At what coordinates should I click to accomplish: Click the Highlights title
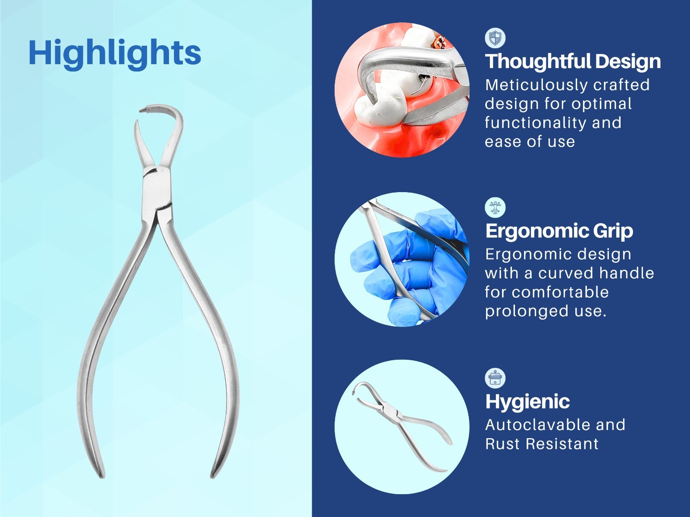tap(115, 53)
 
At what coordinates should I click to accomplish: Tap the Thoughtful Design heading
tap(573, 61)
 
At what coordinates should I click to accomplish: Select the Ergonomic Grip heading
tap(559, 231)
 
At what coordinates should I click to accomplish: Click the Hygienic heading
tap(527, 402)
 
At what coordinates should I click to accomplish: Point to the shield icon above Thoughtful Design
tap(495, 38)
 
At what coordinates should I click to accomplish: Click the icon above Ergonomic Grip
tap(495, 208)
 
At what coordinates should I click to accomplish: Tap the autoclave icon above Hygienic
tap(495, 378)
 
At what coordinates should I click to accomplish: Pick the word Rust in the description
tap(502, 444)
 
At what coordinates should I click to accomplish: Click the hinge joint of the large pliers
tap(156, 190)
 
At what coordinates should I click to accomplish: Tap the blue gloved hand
tap(401, 267)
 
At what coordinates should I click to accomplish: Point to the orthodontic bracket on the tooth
tap(441, 43)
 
